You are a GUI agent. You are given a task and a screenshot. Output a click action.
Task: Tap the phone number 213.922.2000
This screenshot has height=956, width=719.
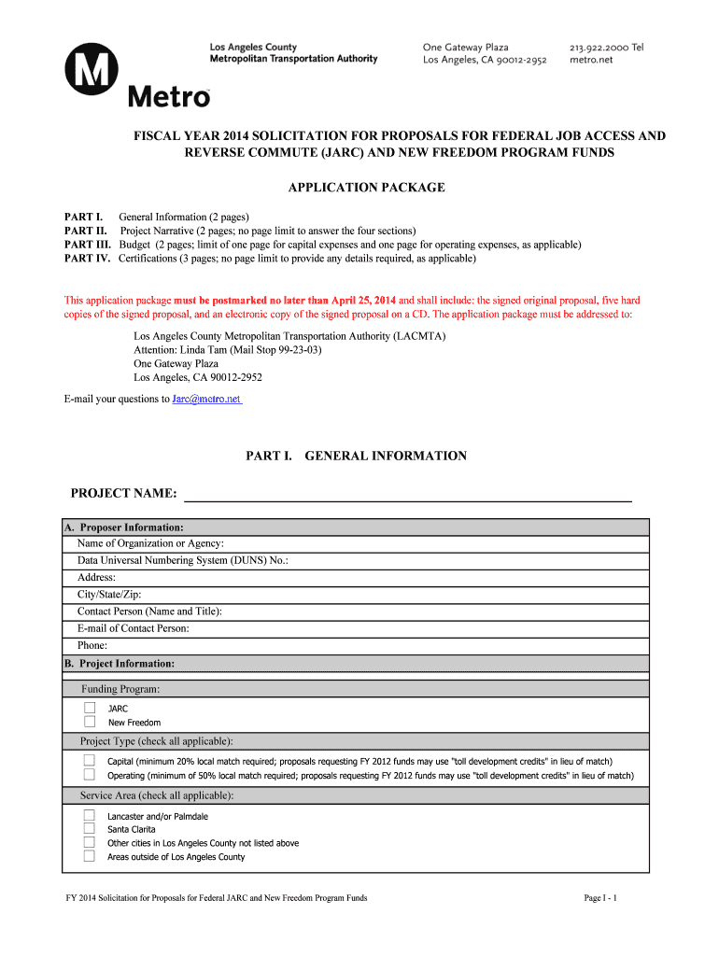[598, 47]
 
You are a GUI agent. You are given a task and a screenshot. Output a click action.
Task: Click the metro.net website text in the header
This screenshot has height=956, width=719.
[591, 60]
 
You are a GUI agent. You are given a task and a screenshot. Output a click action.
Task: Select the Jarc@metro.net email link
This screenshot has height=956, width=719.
[206, 399]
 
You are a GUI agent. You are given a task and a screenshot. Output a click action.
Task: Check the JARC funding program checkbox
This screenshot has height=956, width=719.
[90, 709]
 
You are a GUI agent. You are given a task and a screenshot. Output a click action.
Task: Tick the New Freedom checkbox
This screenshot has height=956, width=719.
[90, 722]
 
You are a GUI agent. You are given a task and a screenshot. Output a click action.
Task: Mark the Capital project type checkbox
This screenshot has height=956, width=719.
[90, 761]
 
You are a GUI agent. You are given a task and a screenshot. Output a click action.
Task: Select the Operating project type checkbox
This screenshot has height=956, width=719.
[90, 775]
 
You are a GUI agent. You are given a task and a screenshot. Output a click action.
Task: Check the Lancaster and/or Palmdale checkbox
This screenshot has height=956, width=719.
[90, 815]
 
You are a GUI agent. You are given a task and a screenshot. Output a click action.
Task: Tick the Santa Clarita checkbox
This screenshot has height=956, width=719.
[90, 828]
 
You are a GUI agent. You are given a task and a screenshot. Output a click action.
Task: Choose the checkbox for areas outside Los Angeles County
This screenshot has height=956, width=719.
[90, 856]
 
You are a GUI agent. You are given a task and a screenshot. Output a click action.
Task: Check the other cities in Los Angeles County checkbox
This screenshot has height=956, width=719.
[90, 842]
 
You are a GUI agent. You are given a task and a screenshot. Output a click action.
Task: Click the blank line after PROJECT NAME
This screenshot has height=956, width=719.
[406, 495]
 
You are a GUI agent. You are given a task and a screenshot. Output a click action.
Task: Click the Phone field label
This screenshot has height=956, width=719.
[92, 645]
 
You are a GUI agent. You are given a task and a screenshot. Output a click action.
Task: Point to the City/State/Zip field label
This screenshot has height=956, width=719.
[109, 595]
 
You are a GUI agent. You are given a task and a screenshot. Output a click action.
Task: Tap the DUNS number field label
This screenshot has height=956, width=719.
[183, 560]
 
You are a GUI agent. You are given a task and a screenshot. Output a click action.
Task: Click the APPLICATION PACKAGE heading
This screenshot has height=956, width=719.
[366, 188]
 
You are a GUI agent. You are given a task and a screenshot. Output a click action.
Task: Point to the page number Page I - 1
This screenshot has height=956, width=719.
[600, 898]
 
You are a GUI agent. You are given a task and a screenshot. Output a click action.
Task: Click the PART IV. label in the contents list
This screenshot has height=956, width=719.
[88, 258]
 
